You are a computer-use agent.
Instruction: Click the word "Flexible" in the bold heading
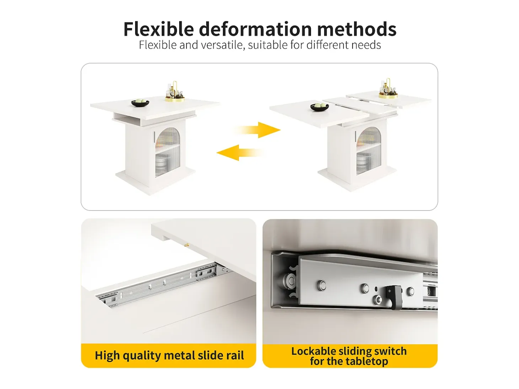159,29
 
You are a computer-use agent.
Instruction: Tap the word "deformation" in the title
255,29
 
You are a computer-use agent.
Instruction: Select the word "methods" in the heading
357,29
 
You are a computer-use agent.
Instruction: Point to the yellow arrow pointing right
258,130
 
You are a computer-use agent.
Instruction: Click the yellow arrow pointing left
240,153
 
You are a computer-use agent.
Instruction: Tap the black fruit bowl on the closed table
140,103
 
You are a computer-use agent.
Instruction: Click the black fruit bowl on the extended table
320,107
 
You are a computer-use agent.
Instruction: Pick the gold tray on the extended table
388,95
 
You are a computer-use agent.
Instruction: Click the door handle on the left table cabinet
154,137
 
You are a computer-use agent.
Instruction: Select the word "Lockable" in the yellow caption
314,351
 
